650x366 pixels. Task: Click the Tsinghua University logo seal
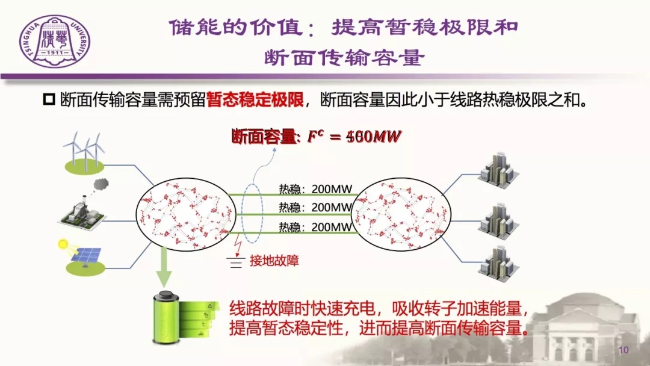[54, 42]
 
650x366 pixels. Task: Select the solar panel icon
[84, 255]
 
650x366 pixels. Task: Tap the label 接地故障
[274, 261]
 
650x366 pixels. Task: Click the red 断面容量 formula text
[316, 137]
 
